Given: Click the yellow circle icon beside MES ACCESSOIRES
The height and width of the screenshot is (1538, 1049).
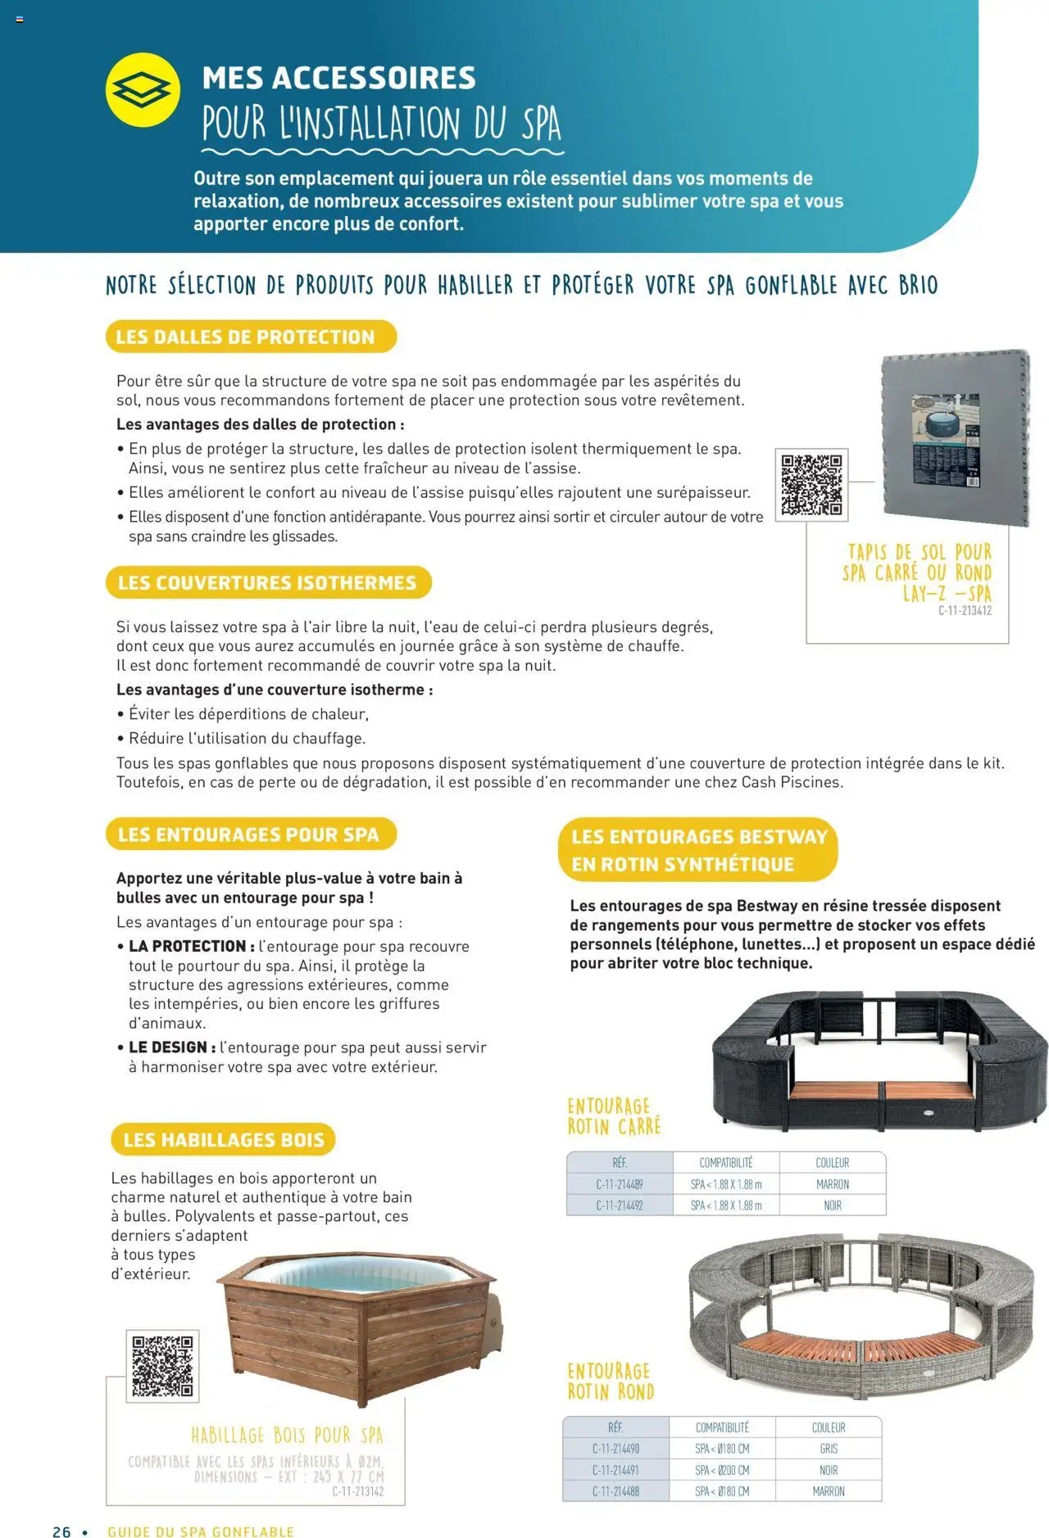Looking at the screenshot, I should [143, 90].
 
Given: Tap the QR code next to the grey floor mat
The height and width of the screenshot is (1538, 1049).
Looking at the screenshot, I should [811, 485].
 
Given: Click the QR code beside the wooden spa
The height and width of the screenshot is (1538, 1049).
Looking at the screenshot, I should [162, 1366].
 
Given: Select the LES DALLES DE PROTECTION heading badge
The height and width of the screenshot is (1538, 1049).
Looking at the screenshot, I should [250, 337].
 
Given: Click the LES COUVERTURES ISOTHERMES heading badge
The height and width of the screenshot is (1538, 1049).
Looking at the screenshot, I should [268, 582].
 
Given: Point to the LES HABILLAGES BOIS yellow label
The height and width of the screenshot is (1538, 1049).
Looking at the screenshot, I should [223, 1139].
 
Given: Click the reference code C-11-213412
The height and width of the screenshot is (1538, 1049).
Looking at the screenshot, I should [965, 611].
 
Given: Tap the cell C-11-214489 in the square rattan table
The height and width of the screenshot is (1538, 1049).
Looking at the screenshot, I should [619, 1184].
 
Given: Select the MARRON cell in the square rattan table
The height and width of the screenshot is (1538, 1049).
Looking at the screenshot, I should [832, 1184].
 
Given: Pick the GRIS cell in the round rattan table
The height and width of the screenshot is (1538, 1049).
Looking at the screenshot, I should [828, 1449].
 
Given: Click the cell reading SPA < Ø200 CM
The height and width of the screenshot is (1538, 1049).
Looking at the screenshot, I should [721, 1470].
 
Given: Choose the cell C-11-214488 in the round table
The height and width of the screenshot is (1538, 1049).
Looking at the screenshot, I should [615, 1491].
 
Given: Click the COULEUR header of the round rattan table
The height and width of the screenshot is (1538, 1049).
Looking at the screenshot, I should [828, 1427].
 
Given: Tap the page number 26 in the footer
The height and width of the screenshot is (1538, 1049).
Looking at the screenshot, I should [61, 1531].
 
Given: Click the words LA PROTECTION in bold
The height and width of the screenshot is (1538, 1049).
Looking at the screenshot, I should [187, 946].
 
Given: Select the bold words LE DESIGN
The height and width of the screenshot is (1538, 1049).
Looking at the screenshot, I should [168, 1047].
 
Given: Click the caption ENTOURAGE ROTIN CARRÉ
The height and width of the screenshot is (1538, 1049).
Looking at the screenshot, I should [614, 1116].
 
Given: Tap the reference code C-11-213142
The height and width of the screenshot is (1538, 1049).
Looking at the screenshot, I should [357, 1491].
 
